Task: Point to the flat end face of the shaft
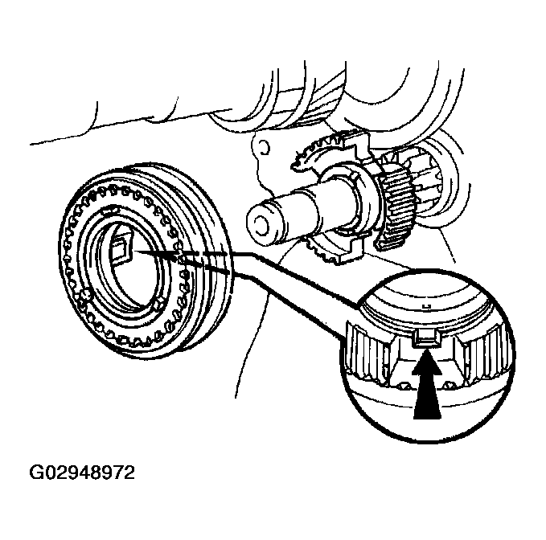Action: [260, 219]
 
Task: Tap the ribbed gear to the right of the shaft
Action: [399, 201]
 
